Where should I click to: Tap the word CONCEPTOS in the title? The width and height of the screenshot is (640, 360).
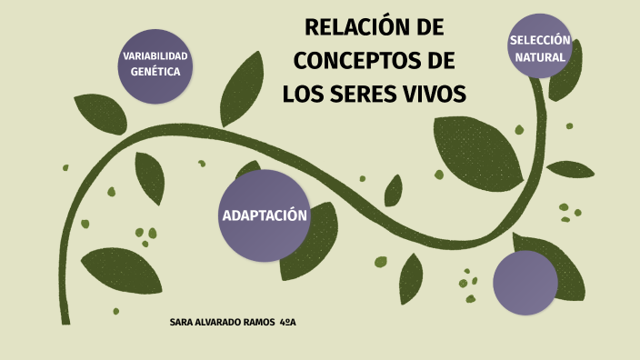pyautogui.click(x=356, y=61)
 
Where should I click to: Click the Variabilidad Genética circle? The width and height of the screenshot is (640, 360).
pyautogui.click(x=155, y=65)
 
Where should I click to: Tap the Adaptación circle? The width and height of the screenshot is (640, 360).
pyautogui.click(x=265, y=215)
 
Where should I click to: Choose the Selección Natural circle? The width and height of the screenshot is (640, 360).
pyautogui.click(x=540, y=46)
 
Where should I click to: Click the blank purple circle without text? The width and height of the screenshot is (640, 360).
pyautogui.click(x=525, y=283)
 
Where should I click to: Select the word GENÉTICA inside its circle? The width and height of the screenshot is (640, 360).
pyautogui.click(x=155, y=72)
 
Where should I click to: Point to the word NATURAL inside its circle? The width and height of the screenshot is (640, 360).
pyautogui.click(x=540, y=57)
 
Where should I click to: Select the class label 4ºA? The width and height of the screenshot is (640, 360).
pyautogui.click(x=289, y=323)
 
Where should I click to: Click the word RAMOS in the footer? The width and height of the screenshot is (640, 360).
pyautogui.click(x=259, y=323)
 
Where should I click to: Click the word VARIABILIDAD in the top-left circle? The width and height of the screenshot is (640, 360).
pyautogui.click(x=155, y=57)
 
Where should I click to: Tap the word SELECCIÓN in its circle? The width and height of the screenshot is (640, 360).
pyautogui.click(x=540, y=41)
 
